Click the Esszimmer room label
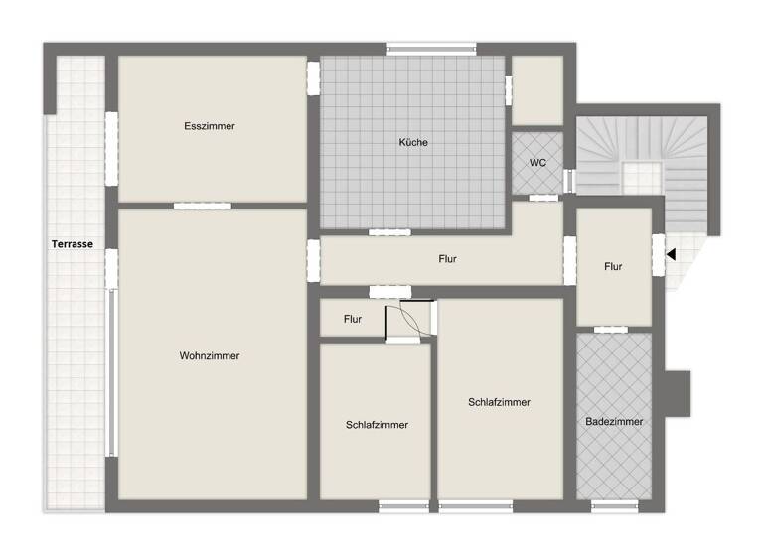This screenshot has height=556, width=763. pyautogui.click(x=210, y=126)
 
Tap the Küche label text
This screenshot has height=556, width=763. pyautogui.click(x=413, y=143)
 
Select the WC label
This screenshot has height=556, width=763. pyautogui.click(x=537, y=163)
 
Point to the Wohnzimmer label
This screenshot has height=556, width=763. pyautogui.click(x=210, y=356)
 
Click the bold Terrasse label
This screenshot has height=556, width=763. pyautogui.click(x=73, y=243)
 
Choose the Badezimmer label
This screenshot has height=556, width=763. pyautogui.click(x=614, y=422)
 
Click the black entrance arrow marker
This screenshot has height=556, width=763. pyautogui.click(x=671, y=254)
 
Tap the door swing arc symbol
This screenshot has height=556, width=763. pyautogui.click(x=410, y=321)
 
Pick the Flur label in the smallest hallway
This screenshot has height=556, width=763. pyautogui.click(x=353, y=320)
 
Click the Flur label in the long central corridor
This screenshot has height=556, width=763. pyautogui.click(x=447, y=259)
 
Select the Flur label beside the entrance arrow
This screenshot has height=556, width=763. pyautogui.click(x=613, y=266)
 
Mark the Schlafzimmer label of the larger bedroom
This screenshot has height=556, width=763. pyautogui.click(x=499, y=402)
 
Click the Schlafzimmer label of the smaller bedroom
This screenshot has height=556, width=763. pyautogui.click(x=377, y=425)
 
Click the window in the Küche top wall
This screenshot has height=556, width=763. pyautogui.click(x=431, y=47)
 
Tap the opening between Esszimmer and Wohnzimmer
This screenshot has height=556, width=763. pyautogui.click(x=202, y=206)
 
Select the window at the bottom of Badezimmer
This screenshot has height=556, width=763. pyautogui.click(x=613, y=505)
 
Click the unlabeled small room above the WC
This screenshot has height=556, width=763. pyautogui.click(x=537, y=90)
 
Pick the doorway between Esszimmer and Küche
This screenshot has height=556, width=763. pyautogui.click(x=313, y=77)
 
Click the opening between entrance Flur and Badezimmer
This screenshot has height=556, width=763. pyautogui.click(x=608, y=329)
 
